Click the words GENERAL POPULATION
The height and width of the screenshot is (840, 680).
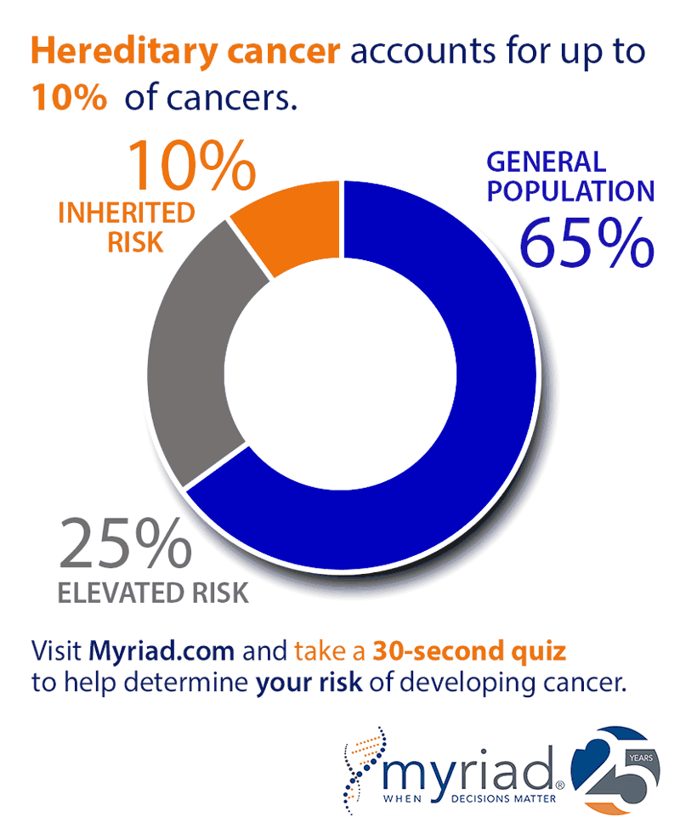(x=569, y=176)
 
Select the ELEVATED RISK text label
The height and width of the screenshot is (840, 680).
(x=153, y=592)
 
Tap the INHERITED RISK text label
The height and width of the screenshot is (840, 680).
(x=126, y=227)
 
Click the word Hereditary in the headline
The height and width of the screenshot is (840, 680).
(x=110, y=53)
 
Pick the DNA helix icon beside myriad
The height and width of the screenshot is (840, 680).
(x=365, y=769)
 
